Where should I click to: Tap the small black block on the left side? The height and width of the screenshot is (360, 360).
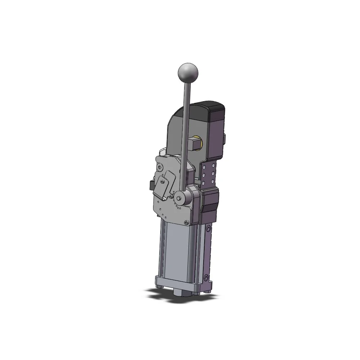(x=150, y=185)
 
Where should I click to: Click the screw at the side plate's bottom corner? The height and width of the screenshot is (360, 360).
(x=186, y=222)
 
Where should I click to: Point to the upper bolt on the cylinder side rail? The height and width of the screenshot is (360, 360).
(x=209, y=228)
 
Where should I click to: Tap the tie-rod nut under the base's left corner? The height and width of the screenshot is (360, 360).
(x=159, y=288)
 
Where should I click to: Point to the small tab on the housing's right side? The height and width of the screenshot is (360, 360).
(x=226, y=139)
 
